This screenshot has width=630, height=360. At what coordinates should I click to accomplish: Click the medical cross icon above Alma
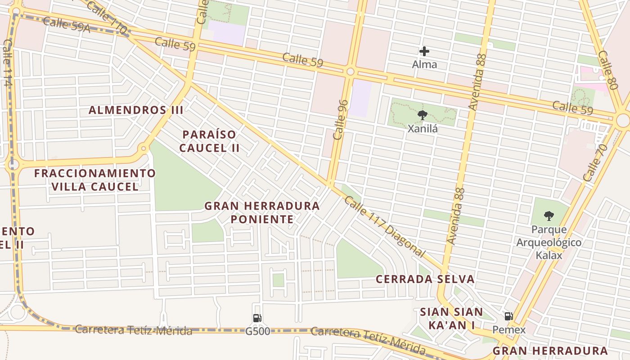(424, 52)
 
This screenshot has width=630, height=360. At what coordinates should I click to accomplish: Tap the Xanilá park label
(423, 129)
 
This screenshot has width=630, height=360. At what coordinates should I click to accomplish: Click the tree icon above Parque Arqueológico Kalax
(549, 216)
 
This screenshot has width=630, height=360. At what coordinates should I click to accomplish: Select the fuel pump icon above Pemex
(508, 316)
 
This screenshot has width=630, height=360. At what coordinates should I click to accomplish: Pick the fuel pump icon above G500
(257, 318)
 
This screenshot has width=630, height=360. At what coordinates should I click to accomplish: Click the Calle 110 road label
(106, 17)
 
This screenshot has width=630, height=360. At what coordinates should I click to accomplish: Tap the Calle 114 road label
(7, 63)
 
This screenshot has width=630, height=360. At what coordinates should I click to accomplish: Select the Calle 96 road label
(341, 119)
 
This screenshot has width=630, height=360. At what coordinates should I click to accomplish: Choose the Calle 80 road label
(607, 70)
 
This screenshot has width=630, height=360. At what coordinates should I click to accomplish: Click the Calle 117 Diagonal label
(384, 227)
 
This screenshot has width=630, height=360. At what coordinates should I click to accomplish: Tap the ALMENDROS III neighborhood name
(136, 110)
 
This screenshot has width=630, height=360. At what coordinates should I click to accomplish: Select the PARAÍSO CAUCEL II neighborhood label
(209, 141)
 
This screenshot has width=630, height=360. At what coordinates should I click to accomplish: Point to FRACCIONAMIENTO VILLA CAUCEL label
(95, 180)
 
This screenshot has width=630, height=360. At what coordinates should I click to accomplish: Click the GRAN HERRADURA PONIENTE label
(262, 212)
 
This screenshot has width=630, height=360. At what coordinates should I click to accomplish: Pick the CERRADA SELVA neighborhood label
(425, 279)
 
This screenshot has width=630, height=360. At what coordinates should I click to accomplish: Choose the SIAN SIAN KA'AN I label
(451, 318)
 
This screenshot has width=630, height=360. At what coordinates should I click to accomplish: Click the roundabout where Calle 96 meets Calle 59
(350, 72)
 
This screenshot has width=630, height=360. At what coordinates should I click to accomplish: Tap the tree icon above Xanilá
(422, 116)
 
